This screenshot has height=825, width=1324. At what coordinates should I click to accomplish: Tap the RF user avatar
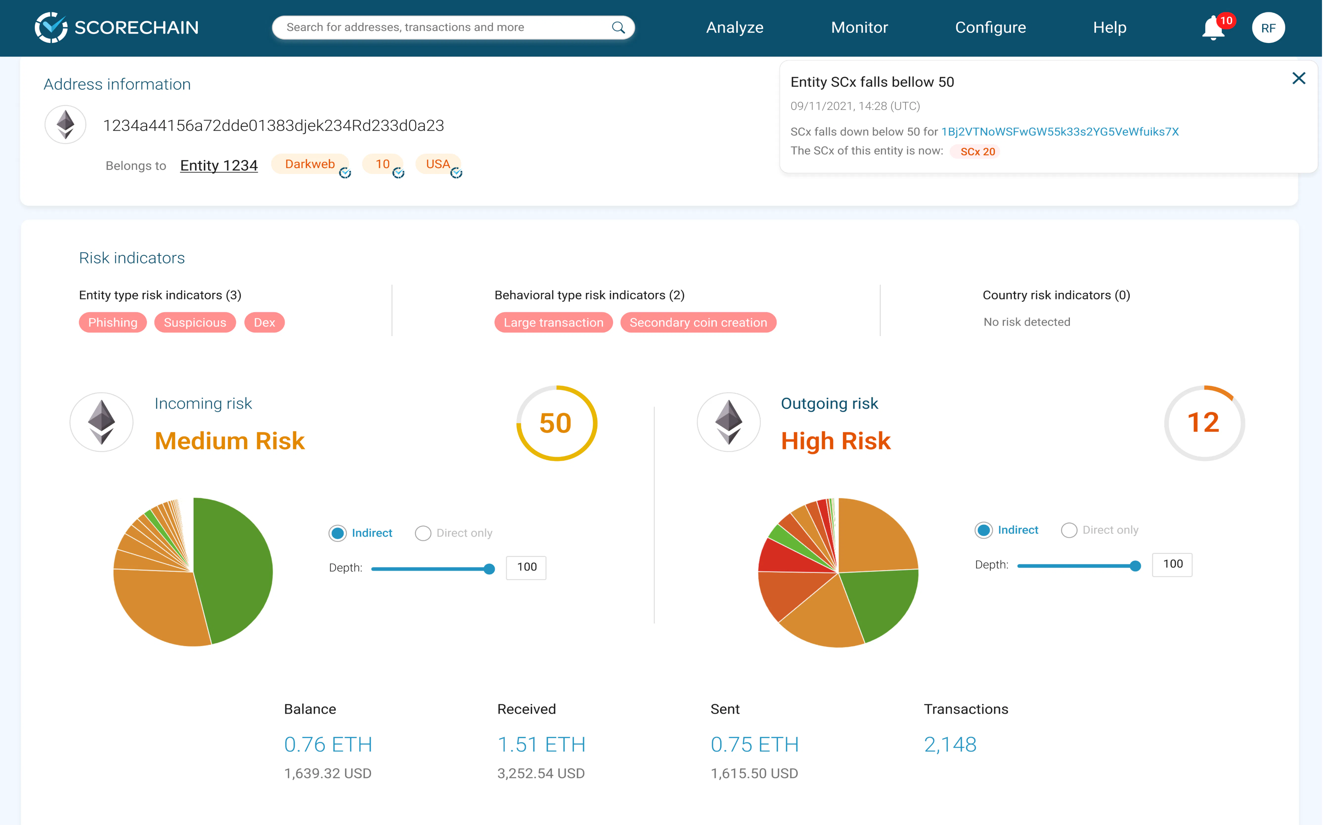(x=1268, y=28)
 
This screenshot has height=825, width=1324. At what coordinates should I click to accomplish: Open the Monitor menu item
(x=859, y=27)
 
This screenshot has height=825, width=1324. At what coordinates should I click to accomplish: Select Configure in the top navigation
(x=990, y=27)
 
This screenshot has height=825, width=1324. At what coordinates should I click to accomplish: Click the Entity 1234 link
(x=219, y=165)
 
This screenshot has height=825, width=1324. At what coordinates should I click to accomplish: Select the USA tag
(x=438, y=164)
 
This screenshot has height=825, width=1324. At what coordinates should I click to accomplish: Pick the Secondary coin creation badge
(x=698, y=323)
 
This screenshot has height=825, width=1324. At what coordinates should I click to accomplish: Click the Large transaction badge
(x=553, y=323)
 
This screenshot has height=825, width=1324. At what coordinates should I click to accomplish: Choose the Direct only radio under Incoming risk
(x=423, y=533)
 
